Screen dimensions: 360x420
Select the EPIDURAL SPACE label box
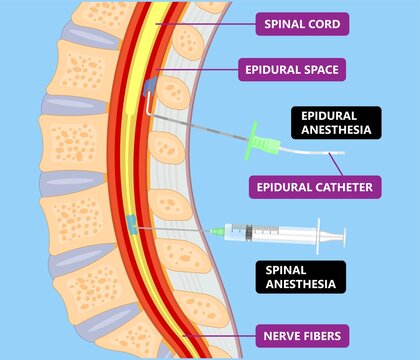pyautogui.click(x=291, y=70)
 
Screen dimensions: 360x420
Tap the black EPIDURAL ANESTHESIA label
pyautogui.click(x=337, y=122)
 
